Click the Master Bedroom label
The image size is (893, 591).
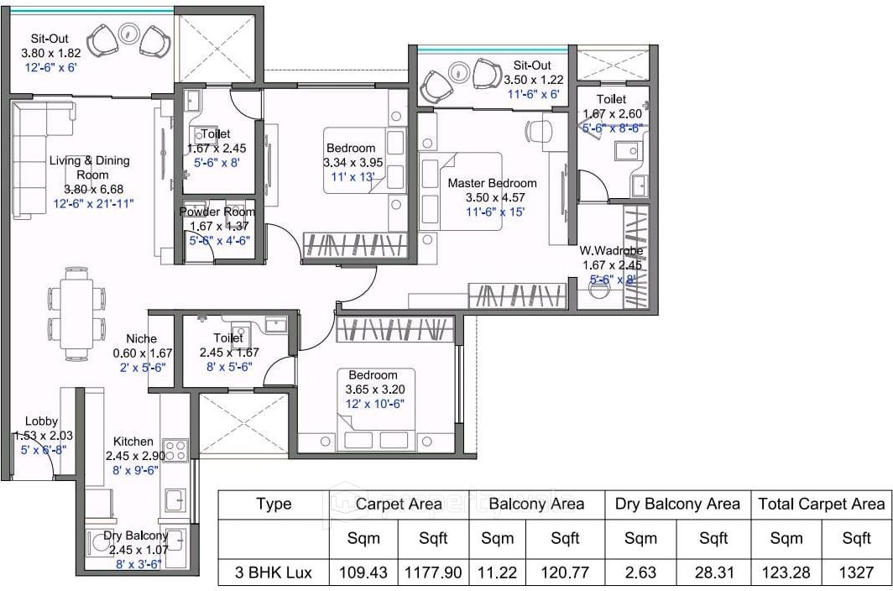tap(492, 183)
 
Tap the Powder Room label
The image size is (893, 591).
tap(217, 212)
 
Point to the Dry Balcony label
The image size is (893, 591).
tap(136, 536)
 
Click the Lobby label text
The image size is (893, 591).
tap(41, 421)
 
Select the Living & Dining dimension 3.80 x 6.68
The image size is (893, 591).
tap(89, 189)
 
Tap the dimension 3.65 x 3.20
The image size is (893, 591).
tap(374, 390)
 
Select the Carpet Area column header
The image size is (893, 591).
tap(399, 504)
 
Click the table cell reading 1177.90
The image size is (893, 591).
tap(433, 573)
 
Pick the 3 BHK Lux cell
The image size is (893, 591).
tap(274, 573)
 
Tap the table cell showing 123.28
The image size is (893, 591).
tap(786, 573)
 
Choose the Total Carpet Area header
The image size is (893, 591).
tap(822, 504)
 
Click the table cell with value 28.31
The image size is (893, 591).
tap(713, 573)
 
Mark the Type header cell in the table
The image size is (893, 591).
tap(274, 504)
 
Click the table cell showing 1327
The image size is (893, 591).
tap(856, 573)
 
